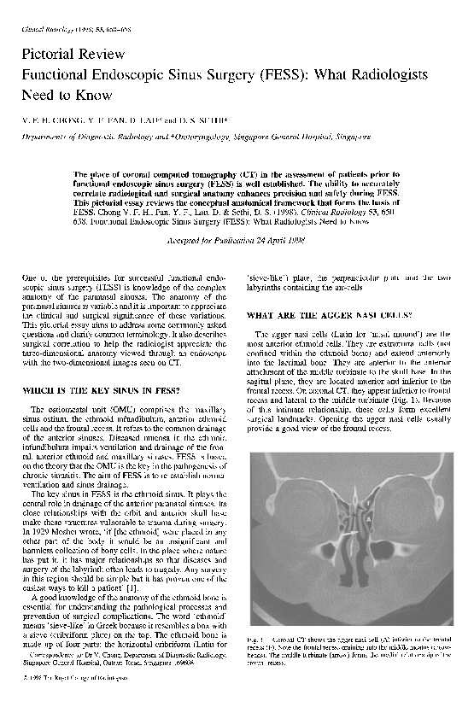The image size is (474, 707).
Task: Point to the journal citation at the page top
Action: pos(61,31)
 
